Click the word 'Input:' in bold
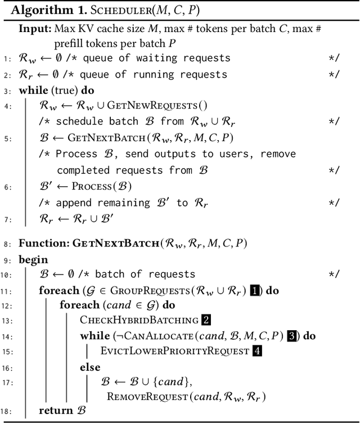33,28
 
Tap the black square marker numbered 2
206,320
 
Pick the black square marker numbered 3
291,336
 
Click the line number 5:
8,137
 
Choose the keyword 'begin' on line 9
33,260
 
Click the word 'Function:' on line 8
43,244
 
